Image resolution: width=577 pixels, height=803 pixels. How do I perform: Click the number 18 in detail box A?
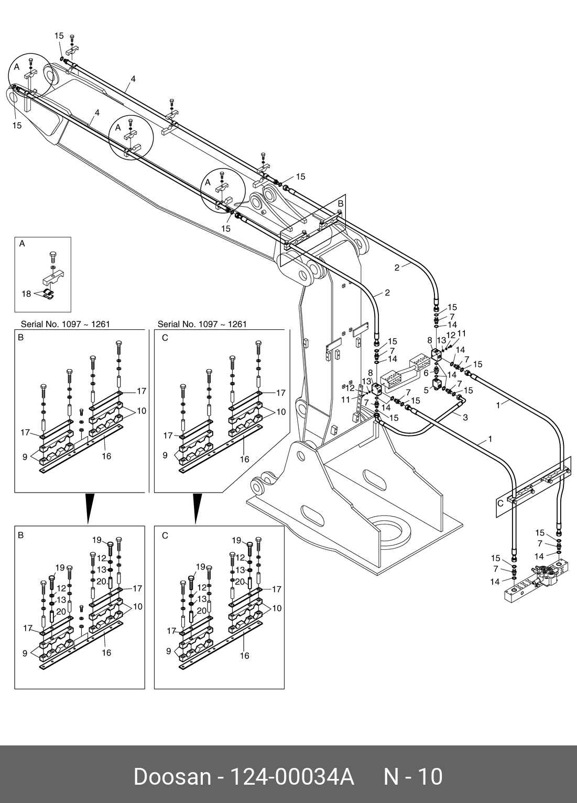26,294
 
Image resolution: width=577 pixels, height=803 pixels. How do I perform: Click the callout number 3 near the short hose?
465,417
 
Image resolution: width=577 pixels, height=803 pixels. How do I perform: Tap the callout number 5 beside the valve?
426,389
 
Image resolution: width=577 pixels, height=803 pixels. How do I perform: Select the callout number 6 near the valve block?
426,373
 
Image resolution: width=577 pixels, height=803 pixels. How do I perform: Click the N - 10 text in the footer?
413,777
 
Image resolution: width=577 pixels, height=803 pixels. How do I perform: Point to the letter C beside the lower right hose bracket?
500,503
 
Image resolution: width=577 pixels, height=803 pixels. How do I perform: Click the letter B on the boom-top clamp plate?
340,203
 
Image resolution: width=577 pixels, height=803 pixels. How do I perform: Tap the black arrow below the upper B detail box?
89,507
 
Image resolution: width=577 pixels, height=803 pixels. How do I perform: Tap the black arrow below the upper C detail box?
197,507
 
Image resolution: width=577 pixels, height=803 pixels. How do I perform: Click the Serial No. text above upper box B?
65,324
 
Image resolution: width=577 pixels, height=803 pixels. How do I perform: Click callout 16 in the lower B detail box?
106,653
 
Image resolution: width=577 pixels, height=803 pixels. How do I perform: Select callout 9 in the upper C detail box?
165,455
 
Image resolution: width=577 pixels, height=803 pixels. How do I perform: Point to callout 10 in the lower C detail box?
277,608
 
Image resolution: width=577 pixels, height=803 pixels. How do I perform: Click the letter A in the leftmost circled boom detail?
17,67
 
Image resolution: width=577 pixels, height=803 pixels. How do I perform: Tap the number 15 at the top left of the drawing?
59,36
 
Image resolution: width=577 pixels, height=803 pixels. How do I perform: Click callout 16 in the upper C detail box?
244,459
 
